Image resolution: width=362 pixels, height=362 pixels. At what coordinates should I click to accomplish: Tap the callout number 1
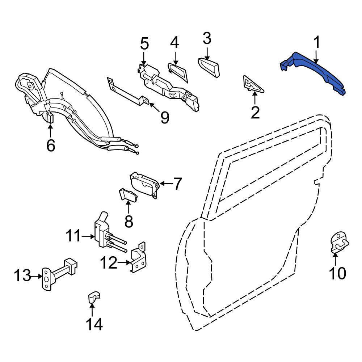317,42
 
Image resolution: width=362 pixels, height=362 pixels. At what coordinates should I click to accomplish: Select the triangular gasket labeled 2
253,84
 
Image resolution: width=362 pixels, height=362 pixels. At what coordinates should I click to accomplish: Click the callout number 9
165,118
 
